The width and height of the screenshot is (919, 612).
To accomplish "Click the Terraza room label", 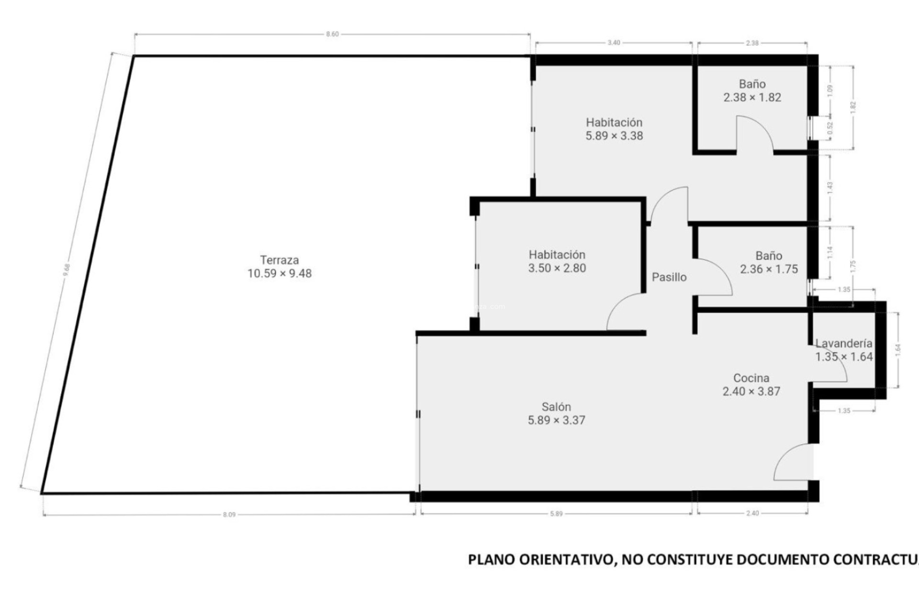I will click(x=280, y=260).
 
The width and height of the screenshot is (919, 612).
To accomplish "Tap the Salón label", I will click(x=556, y=407).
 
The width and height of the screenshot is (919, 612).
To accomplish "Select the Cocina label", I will click(x=751, y=378).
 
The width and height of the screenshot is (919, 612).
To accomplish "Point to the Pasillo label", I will click(x=669, y=277).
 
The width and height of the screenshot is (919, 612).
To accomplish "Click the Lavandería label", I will click(x=844, y=343).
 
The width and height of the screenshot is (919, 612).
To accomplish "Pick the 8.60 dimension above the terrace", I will click(x=332, y=34).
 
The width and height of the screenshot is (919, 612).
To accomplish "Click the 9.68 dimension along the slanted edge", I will click(x=67, y=271).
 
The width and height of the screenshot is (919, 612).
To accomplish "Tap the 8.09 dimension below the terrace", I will click(x=229, y=515).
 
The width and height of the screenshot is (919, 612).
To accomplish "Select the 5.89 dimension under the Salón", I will click(x=556, y=514).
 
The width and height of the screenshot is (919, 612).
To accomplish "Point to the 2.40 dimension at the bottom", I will click(x=752, y=514).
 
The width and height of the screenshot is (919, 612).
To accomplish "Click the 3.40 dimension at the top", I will click(x=614, y=43).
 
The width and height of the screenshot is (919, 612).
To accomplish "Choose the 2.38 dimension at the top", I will click(x=752, y=43).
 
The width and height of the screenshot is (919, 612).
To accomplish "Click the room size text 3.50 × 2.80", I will click(x=557, y=268).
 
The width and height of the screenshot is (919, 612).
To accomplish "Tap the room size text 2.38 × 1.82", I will click(x=752, y=98).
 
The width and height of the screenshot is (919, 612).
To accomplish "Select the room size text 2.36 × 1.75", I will click(x=769, y=270).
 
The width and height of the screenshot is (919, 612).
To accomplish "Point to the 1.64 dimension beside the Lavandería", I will click(x=898, y=350).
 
